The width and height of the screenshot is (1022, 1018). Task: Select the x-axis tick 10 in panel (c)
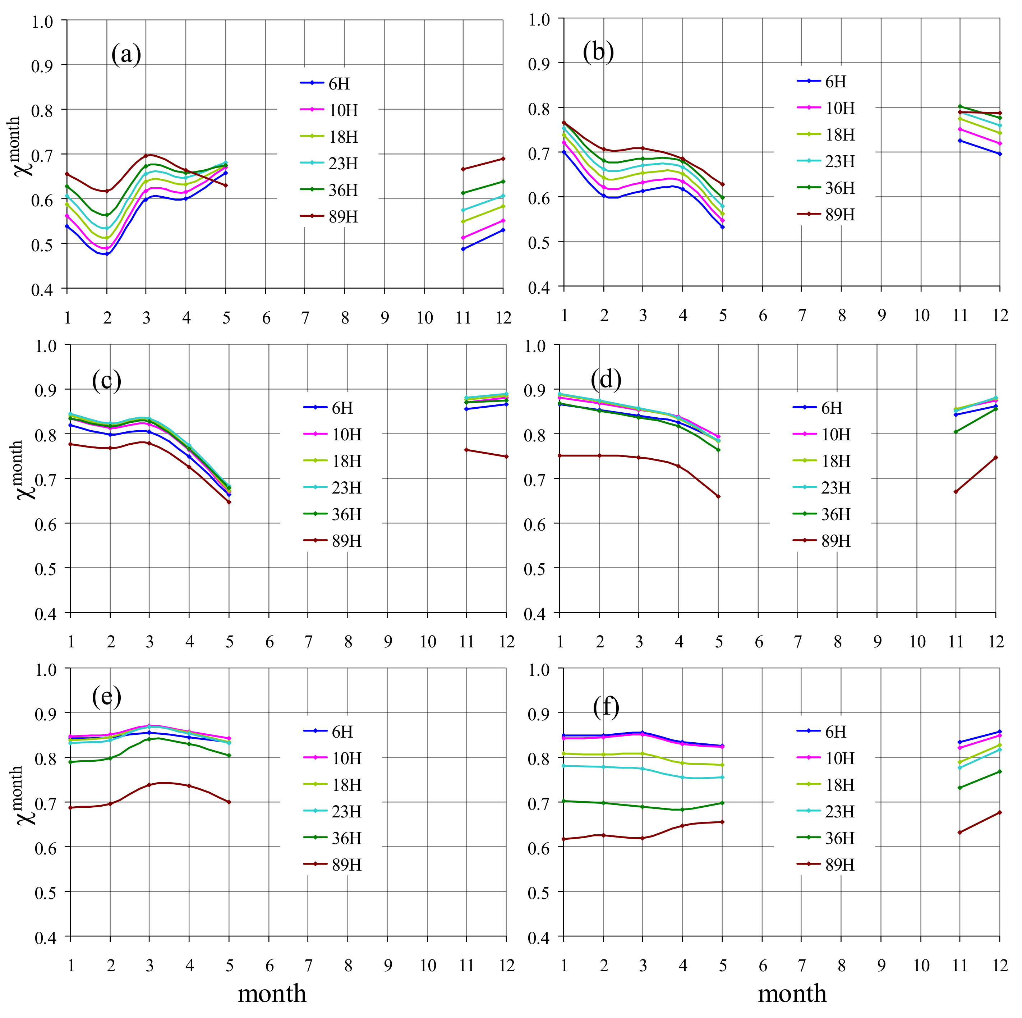pyautogui.click(x=427, y=642)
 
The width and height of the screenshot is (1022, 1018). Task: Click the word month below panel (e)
pyautogui.click(x=272, y=994)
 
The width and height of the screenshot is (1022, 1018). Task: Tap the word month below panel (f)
pyautogui.click(x=792, y=994)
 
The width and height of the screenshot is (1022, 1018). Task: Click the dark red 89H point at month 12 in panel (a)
pyautogui.click(x=502, y=159)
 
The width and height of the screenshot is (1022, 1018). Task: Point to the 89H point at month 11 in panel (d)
pyautogui.click(x=956, y=491)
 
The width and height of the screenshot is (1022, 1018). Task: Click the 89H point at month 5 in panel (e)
pyautogui.click(x=229, y=802)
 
